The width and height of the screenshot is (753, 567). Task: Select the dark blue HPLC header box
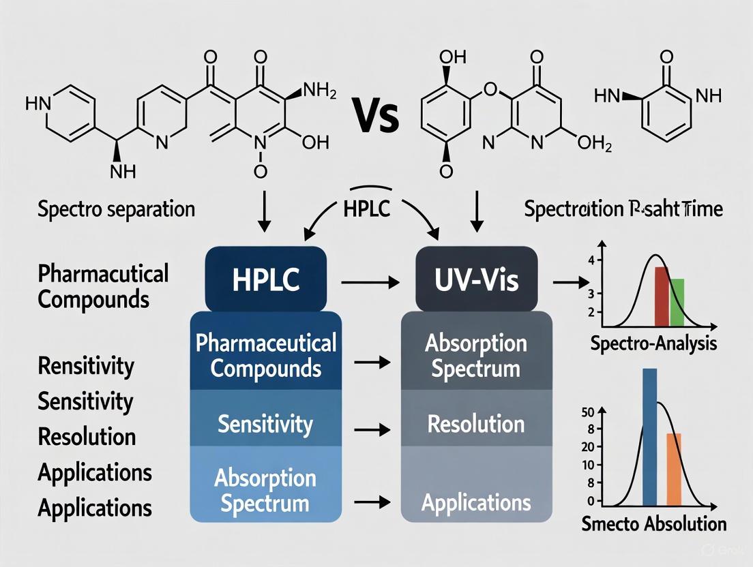click(265, 279)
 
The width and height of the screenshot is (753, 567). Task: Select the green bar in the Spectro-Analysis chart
click(677, 301)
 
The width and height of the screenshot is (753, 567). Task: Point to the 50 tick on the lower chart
click(587, 412)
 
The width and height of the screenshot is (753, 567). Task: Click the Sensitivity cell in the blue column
click(265, 425)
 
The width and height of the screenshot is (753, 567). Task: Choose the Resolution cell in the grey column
click(476, 424)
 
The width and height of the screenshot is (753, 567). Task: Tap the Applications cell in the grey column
click(476, 503)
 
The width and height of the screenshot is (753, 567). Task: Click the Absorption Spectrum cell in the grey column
click(476, 356)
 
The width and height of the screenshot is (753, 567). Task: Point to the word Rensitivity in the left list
click(86, 366)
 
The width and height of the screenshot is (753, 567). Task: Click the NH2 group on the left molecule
click(319, 91)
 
